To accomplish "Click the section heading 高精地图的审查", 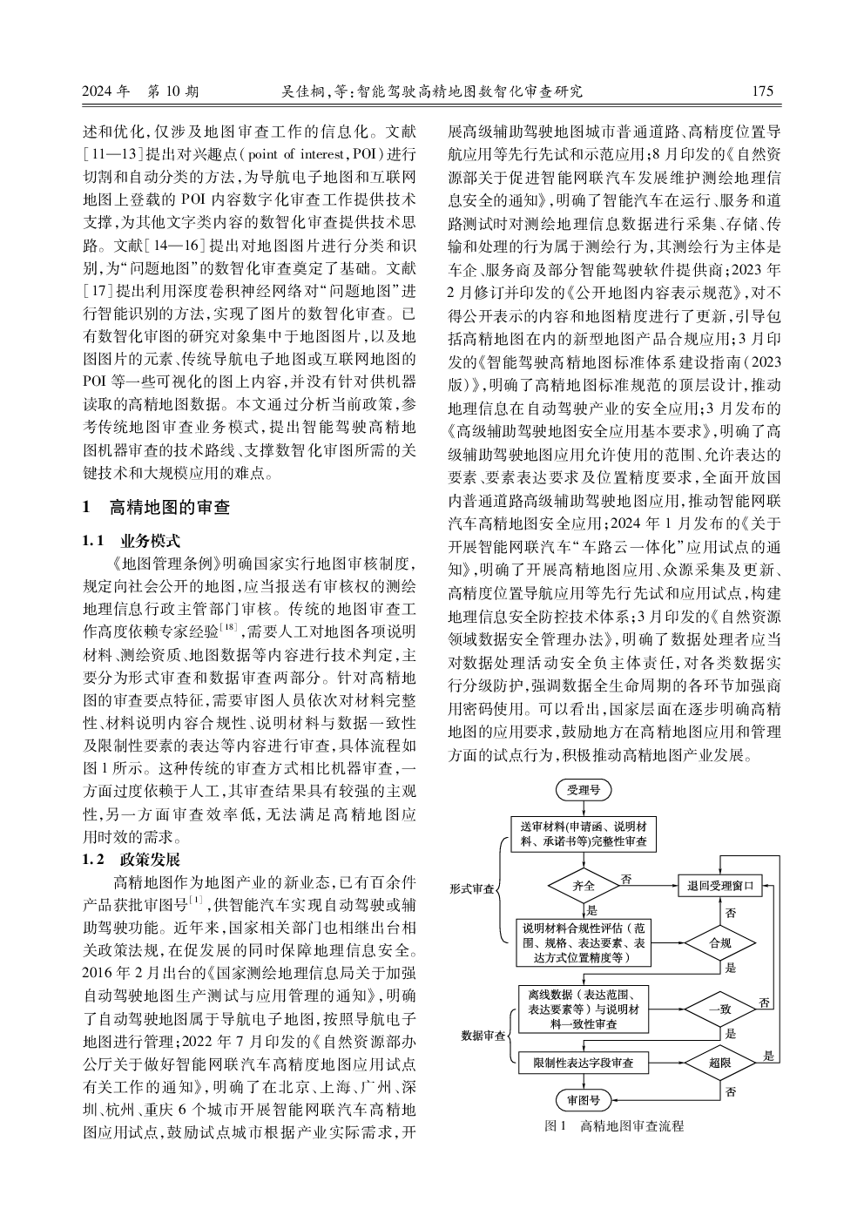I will point(167,507).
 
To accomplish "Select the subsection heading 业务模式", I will point(149,541).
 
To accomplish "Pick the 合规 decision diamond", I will point(720,943).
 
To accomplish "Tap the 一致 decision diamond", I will point(720,1009).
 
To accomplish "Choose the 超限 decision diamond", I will point(720,1063).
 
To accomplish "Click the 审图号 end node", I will point(584,1100).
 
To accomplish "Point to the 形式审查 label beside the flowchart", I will point(471,889).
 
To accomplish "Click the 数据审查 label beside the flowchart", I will point(483,1036).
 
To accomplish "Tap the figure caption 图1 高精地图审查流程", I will point(614,1126).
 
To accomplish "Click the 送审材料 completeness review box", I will point(584,834).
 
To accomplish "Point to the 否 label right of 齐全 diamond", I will point(625,879).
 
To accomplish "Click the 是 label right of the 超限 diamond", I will point(768,1056).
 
